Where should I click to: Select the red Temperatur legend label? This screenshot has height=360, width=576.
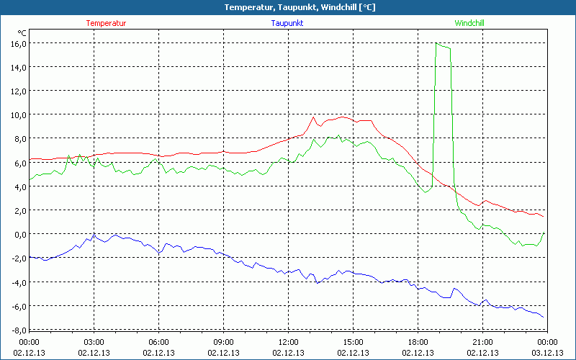point(106,23)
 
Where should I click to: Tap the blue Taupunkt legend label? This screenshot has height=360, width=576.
point(287,23)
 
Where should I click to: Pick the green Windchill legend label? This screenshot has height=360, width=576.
point(469,23)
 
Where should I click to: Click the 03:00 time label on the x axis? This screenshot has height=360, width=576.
point(94,342)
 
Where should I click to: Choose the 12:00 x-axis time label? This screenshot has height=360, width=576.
point(288,342)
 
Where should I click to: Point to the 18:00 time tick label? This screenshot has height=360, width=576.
point(418,342)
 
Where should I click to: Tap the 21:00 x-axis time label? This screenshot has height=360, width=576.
point(482,342)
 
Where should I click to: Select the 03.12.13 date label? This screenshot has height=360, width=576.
point(547,353)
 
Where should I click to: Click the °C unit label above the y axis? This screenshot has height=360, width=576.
point(22,32)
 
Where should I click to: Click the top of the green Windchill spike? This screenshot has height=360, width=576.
point(436,43)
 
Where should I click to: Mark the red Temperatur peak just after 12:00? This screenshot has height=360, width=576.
point(314,117)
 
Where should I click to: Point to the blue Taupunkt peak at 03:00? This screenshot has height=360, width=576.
point(94,235)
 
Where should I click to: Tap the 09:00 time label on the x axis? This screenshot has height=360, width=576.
point(223,342)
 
